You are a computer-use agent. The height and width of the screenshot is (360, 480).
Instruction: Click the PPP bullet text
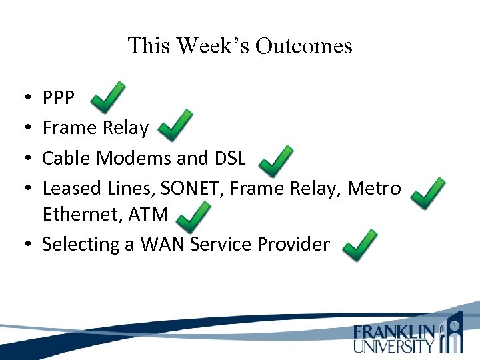(59, 99)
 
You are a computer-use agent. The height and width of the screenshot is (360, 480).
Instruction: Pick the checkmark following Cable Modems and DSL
(275, 160)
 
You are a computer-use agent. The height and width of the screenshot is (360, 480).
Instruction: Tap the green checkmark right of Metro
(428, 192)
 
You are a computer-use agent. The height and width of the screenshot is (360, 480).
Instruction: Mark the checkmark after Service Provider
(359, 245)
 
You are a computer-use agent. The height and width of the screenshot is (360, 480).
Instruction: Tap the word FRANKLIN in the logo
(394, 332)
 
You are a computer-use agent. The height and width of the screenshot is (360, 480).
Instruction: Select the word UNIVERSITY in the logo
(393, 346)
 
